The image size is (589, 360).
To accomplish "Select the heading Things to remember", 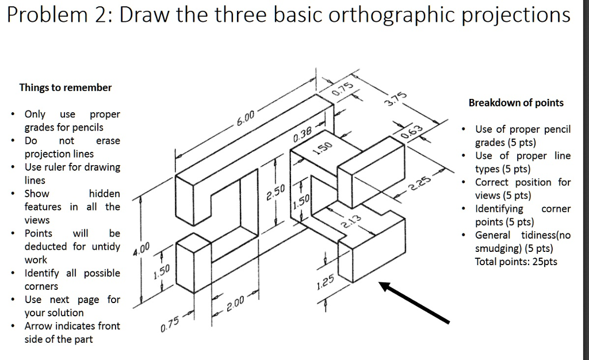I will [66, 87].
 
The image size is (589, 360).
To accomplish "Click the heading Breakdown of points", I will [516, 103].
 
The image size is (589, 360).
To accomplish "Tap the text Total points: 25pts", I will [516, 262].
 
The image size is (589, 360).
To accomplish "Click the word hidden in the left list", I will [104, 194].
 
